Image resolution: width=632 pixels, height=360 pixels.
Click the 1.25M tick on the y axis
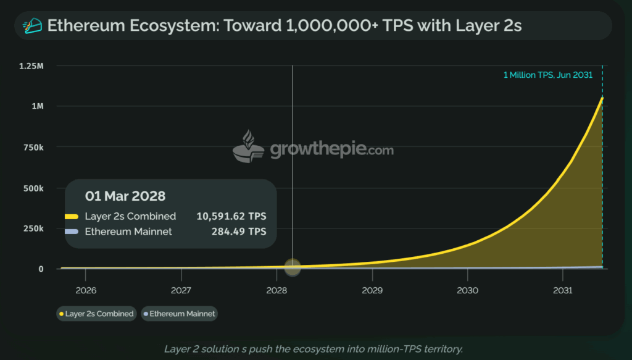tap(33, 66)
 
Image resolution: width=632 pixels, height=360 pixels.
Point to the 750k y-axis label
tap(34, 147)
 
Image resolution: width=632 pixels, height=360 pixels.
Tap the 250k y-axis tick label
tap(34, 228)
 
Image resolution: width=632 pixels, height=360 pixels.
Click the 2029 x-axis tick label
tap(372, 290)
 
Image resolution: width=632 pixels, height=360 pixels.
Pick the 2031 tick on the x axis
tap(563, 290)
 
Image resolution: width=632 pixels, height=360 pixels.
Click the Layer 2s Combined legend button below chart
tap(96, 314)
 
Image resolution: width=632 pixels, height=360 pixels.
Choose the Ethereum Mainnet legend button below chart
tap(179, 314)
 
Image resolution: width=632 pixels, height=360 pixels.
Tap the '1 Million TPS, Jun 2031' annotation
tap(548, 75)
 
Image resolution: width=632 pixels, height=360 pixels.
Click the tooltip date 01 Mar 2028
tap(125, 196)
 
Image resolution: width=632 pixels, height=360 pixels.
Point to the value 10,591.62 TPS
tap(231, 216)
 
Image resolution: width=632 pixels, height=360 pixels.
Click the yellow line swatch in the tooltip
tap(71, 217)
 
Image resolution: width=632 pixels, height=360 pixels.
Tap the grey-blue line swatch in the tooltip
tap(71, 232)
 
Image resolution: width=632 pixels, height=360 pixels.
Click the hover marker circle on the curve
tap(293, 267)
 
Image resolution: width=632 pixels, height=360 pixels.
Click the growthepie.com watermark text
tap(331, 149)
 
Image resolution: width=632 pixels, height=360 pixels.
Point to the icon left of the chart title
tap(31, 25)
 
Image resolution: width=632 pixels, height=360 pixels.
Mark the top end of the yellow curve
tap(602, 98)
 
